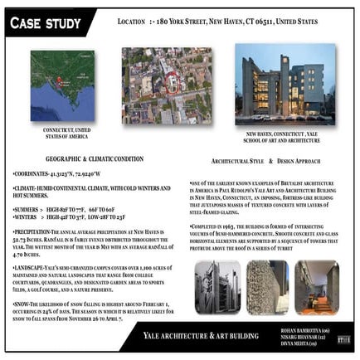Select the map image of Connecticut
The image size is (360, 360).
click(61, 85)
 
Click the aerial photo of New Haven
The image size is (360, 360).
click(166, 85)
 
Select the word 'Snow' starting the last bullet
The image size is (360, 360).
click(24, 305)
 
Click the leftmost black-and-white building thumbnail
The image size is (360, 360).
click(217, 286)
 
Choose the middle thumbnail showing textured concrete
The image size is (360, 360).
click(267, 286)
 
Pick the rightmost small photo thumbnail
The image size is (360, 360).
click(316, 286)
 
